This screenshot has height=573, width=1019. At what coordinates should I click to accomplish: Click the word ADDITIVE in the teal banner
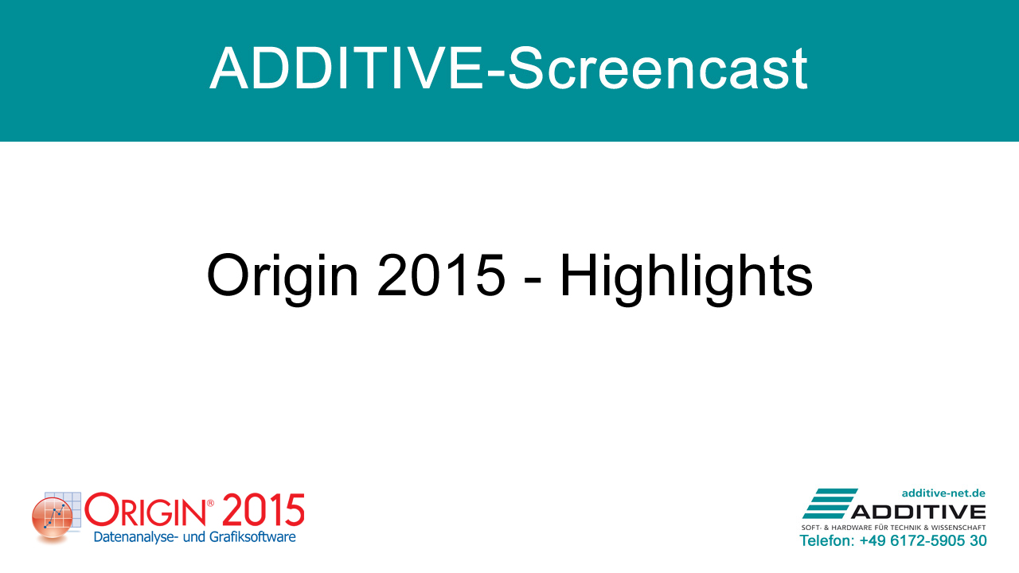346,68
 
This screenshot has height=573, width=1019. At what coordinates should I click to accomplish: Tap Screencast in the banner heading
658,68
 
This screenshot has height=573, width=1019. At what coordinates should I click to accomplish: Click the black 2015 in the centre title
441,275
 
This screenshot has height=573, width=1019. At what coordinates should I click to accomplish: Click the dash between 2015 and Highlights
533,283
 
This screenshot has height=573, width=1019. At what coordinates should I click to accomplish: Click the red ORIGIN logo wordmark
145,511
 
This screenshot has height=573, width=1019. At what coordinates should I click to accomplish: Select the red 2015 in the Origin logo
264,510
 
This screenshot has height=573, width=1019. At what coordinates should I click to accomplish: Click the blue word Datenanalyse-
135,537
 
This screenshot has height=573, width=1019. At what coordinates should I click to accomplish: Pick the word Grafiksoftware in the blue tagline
252,537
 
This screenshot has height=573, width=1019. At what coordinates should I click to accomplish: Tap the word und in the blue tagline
193,537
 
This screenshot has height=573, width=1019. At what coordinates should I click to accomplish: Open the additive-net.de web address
943,493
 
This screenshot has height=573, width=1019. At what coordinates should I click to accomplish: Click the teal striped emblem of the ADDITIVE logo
830,504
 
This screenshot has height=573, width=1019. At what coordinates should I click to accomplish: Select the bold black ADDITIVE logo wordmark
919,512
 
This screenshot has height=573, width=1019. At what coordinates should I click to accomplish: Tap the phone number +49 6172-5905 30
923,540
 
